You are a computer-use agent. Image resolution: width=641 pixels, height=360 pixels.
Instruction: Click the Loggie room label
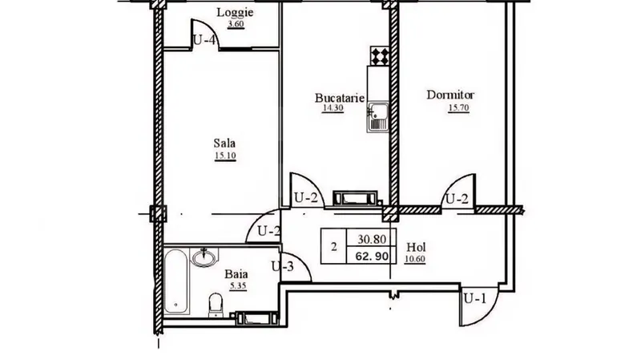(x=235, y=12)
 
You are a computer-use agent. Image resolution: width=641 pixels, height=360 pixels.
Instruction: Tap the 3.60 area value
(x=236, y=24)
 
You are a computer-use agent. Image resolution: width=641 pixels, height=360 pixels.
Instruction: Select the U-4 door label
(x=204, y=40)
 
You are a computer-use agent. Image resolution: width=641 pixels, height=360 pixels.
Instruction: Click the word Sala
(x=224, y=144)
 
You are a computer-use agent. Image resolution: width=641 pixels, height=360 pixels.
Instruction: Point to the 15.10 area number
(x=225, y=156)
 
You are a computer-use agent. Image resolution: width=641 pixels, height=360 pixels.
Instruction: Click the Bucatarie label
(x=339, y=98)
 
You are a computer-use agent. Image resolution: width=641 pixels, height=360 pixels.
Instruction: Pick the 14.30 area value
(x=333, y=108)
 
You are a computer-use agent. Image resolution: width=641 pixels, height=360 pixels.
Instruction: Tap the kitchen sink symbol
(x=377, y=117)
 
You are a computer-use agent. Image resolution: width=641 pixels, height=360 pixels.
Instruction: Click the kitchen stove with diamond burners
(x=379, y=55)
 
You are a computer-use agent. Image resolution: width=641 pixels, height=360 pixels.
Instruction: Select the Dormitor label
(x=450, y=95)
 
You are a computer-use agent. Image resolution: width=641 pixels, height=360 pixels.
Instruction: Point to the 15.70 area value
(x=458, y=108)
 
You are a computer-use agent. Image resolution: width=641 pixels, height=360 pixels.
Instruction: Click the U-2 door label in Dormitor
(x=457, y=199)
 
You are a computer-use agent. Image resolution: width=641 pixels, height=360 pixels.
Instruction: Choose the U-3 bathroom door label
(x=283, y=267)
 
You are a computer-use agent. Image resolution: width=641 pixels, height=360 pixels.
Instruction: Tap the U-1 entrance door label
(x=475, y=299)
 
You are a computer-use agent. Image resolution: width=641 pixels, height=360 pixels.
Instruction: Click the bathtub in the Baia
(x=176, y=281)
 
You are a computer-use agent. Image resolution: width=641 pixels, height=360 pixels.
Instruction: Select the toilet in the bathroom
(x=216, y=305)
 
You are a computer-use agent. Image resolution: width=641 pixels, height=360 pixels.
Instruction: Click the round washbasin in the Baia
(x=204, y=257)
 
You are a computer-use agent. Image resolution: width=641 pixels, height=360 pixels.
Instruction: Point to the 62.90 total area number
(x=371, y=257)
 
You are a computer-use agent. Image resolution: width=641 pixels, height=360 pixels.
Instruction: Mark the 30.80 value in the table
(x=372, y=239)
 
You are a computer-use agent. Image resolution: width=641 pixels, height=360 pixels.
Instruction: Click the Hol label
(x=416, y=247)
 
